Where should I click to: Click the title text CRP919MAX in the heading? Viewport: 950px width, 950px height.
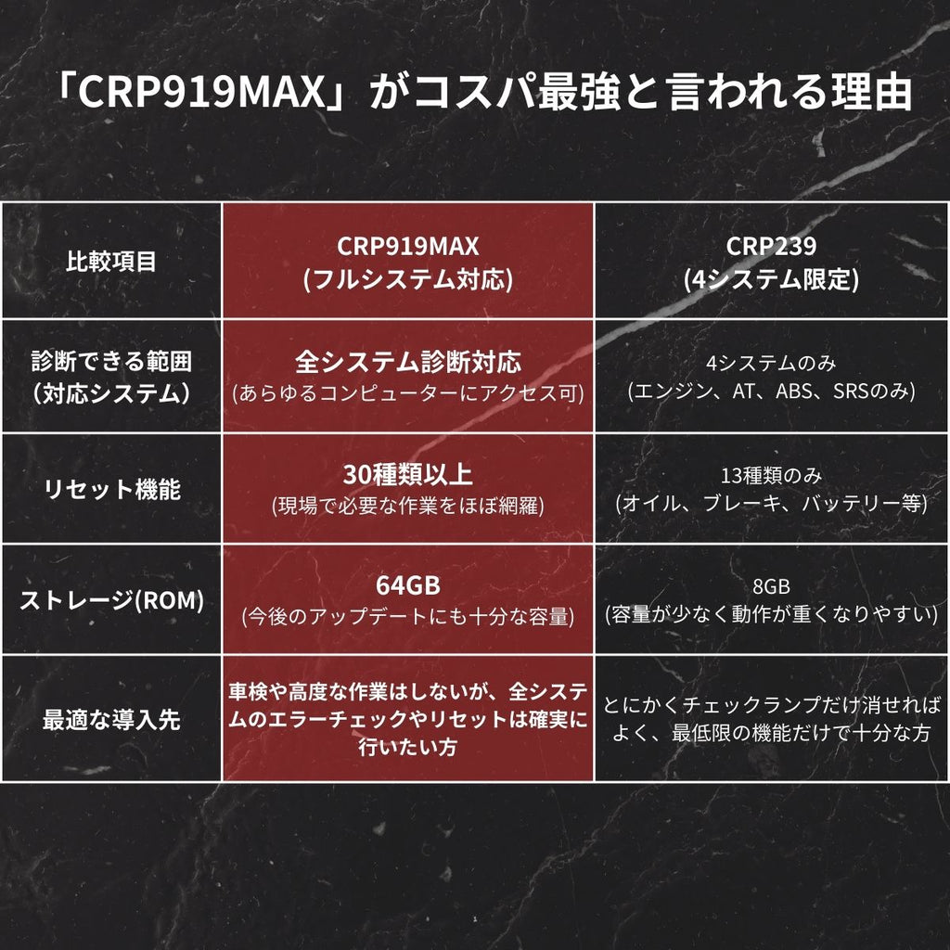tap(201, 92)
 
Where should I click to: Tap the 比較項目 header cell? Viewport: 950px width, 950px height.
tap(111, 262)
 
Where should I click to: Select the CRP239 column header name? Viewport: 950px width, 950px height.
tap(771, 246)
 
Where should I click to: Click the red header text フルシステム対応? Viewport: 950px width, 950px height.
tap(408, 279)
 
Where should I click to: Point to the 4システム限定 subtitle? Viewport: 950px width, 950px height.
tap(771, 279)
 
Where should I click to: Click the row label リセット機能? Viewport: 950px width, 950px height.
tap(111, 489)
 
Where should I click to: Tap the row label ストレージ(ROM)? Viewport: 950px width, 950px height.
tap(111, 600)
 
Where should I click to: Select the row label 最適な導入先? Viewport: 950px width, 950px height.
tap(111, 719)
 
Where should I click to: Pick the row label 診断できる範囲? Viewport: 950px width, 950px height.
tap(111, 361)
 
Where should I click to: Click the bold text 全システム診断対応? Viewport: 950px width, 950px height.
tap(408, 362)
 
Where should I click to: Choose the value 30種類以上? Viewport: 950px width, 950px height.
tap(408, 474)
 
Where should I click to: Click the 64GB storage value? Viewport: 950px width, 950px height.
tap(408, 585)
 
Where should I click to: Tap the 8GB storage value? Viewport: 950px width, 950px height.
tap(771, 586)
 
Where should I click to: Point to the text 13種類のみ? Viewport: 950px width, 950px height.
tap(771, 476)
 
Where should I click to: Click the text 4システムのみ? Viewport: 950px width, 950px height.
tap(771, 363)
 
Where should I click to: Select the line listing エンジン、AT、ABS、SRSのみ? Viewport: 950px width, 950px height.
tap(771, 391)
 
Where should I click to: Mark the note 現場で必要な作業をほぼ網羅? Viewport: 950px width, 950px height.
tap(408, 506)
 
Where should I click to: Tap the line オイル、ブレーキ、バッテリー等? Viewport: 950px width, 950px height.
tap(771, 503)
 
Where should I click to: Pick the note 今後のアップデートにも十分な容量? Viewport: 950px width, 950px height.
tap(408, 616)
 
